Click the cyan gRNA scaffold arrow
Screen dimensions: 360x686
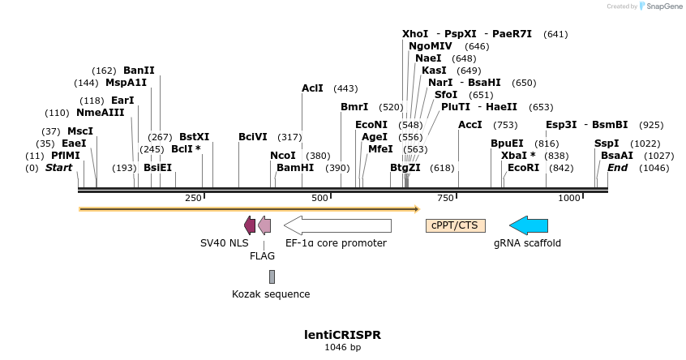tap(528, 225)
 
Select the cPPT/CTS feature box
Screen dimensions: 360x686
tap(456, 225)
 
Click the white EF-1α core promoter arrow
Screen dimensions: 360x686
tap(337, 225)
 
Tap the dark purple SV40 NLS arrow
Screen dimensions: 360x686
tap(250, 225)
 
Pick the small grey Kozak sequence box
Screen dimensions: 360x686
tap(272, 276)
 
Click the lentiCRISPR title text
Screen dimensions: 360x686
tap(342, 334)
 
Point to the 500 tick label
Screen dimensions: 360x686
tap(319, 198)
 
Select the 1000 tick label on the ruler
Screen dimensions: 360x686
tap(569, 198)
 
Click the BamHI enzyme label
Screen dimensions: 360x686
tap(295, 168)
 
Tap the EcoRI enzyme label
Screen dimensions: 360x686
tap(523, 168)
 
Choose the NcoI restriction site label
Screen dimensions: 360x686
tap(283, 156)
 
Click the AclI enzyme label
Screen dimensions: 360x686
tap(312, 88)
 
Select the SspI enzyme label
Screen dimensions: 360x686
tap(607, 144)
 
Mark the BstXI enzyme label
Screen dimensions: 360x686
tap(194, 137)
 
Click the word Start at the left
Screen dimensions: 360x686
tap(58, 168)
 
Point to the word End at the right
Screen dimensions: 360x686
tap(618, 168)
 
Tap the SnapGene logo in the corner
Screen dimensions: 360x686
tap(661, 6)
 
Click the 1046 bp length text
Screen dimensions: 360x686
tap(342, 347)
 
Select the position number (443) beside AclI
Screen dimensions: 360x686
tap(345, 88)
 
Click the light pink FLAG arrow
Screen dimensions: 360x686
tap(264, 225)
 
